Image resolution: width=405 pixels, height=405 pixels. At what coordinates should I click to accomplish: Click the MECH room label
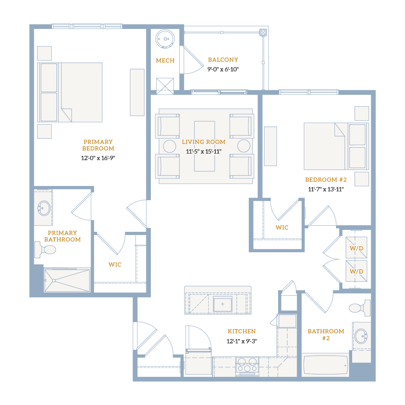pos(165,61)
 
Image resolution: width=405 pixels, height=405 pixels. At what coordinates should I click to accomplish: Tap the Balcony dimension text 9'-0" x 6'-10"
pos(223,69)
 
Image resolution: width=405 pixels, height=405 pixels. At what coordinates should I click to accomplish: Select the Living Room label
pos(204,142)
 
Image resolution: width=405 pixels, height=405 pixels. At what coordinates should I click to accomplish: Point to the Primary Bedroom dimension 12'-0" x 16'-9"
pos(98,158)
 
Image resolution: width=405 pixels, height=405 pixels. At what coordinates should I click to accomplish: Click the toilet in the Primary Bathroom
pos(45,250)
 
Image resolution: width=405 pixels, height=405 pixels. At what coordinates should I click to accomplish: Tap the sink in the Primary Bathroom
pos(44,208)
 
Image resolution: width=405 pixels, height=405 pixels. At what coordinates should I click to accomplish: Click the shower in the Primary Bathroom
pos(67,280)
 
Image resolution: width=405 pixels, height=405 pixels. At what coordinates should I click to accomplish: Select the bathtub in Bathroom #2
pos(326,365)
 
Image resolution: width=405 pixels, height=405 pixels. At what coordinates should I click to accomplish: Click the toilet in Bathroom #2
pos(360,308)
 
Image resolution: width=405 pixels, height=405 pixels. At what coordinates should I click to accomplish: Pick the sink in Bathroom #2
pos(361,336)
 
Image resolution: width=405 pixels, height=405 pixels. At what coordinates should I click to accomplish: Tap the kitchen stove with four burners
pos(247,366)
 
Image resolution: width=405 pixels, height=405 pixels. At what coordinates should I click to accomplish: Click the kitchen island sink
pos(223,304)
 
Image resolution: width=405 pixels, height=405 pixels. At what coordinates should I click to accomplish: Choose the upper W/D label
pos(356,248)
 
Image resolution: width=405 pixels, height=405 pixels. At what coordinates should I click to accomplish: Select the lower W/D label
pos(356,272)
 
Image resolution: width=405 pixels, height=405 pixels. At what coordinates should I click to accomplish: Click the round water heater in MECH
pos(165,39)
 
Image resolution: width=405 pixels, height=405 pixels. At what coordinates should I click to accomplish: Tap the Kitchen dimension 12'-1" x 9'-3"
pos(242,341)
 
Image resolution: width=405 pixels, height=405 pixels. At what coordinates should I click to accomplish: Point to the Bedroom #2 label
pos(326,179)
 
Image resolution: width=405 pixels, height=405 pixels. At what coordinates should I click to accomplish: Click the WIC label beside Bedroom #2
pos(282,228)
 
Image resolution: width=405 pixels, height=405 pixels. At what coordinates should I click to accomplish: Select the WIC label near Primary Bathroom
pos(115,265)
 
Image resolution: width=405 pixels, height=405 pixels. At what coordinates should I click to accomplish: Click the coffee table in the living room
pos(204,146)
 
